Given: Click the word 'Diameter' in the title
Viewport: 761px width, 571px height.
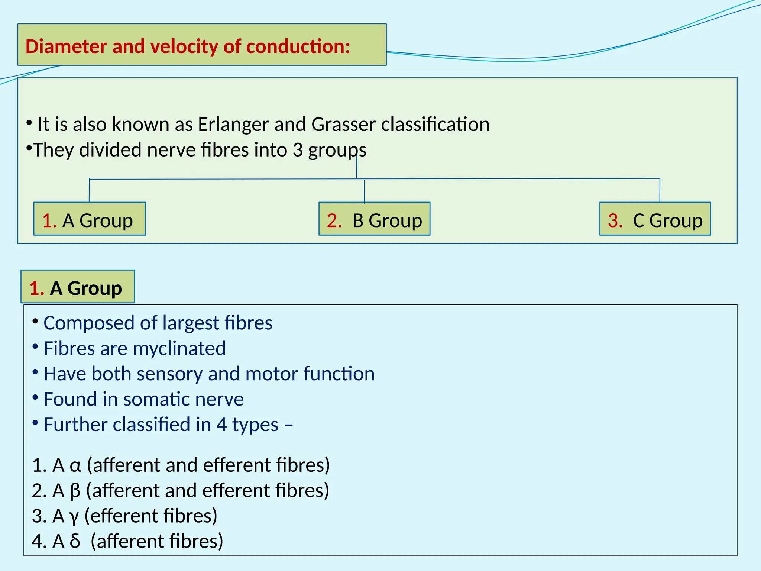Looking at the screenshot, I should coord(66,46).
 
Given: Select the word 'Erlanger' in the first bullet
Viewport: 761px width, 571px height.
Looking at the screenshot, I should coord(233,125).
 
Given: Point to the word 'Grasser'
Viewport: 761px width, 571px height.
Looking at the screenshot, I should coord(343,125).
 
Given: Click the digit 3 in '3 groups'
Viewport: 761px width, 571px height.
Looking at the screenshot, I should coord(298,150).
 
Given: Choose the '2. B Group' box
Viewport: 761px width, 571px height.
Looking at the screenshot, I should coord(374,219).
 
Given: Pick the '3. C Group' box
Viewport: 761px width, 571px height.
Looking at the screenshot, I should coord(655,219).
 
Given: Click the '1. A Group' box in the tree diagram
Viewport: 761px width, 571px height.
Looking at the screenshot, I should coord(90,219).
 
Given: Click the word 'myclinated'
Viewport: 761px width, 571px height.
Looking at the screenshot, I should coord(179,349).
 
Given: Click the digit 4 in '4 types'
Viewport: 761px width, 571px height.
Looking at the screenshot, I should coord(221,425).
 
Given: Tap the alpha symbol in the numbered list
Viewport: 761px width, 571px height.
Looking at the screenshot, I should coord(75,466).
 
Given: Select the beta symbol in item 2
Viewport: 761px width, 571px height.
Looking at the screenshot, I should coord(75,491).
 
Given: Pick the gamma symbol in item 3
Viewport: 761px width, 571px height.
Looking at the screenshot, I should coord(74,517).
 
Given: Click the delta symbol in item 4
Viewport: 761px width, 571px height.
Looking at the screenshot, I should coord(75,541).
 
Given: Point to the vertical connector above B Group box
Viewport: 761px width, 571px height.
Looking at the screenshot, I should coord(364,191).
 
